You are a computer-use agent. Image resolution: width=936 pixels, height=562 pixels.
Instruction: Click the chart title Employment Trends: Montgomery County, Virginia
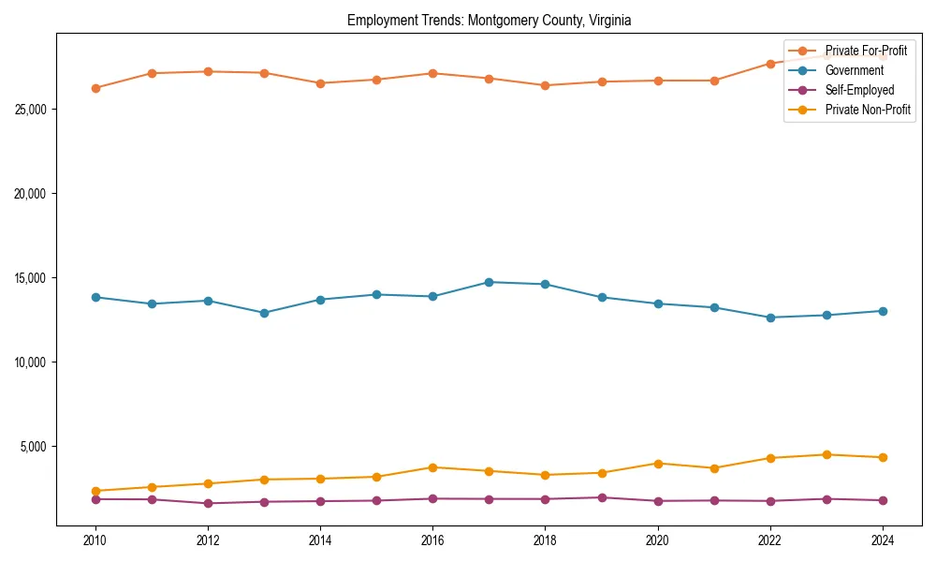tap(489, 20)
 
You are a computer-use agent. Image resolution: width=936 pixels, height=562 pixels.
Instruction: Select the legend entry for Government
tap(854, 70)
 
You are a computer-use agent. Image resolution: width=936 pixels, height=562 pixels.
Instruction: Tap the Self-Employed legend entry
tap(859, 90)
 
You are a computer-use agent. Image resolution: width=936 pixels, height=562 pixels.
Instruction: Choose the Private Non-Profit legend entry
tap(868, 110)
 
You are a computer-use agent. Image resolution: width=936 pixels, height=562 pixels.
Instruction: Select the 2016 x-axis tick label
tap(432, 540)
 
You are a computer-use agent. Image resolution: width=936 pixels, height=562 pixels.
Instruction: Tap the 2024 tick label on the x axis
tap(883, 540)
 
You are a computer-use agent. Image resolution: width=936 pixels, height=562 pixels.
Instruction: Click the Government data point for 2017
tap(489, 282)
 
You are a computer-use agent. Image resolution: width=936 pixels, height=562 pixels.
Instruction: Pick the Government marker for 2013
tap(264, 313)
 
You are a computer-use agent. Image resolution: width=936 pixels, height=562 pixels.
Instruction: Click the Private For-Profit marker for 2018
tap(545, 85)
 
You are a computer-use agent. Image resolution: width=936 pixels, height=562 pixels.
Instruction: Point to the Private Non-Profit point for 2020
tap(658, 464)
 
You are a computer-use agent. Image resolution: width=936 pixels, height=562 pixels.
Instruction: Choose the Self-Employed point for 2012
tap(208, 503)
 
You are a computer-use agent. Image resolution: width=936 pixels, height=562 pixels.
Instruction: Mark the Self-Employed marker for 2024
tap(883, 500)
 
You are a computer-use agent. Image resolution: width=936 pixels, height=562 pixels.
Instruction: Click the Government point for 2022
tap(770, 318)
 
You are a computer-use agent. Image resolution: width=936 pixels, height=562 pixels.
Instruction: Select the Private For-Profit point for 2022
tap(770, 64)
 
